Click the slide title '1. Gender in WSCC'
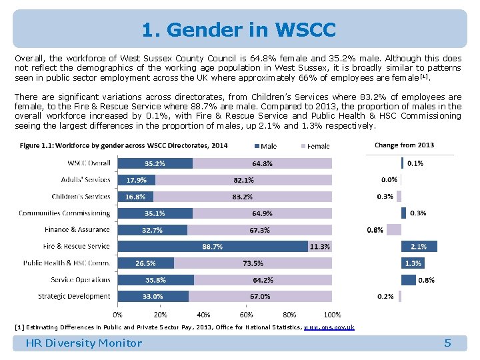(x=239, y=30)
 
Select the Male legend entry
(x=266, y=146)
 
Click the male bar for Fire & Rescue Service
(x=212, y=247)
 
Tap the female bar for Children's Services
(x=242, y=197)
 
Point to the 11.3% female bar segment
(x=319, y=247)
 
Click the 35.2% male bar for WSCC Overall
(x=155, y=163)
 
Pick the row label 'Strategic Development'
(x=74, y=296)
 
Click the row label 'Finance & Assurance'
(x=77, y=230)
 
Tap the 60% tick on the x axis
(x=246, y=315)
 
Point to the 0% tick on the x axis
(x=117, y=315)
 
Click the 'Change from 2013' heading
(x=404, y=145)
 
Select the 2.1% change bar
(x=419, y=247)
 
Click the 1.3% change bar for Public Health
(x=412, y=263)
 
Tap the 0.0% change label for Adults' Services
(x=389, y=179)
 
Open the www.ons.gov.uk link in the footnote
(x=329, y=327)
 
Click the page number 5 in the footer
(x=447, y=343)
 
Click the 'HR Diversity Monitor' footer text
(x=83, y=343)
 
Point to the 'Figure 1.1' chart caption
(x=123, y=145)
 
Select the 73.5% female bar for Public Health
(x=253, y=263)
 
